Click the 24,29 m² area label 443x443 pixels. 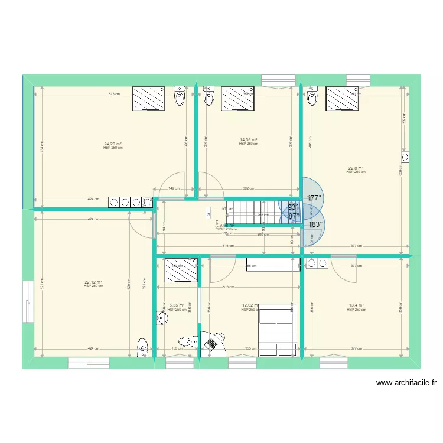tap(113, 144)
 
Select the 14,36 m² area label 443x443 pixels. tap(248, 139)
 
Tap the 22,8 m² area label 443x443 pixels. tap(356, 168)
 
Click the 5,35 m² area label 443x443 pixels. tap(177, 305)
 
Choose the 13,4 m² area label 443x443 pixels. tap(356, 305)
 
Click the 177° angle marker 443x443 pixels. tap(314, 198)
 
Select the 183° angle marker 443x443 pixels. tap(315, 224)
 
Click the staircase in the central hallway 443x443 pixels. tap(253, 211)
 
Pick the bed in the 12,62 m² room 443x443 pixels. tap(278, 330)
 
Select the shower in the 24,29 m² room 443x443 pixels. tap(148, 98)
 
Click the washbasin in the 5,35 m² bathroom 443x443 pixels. tap(161, 319)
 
